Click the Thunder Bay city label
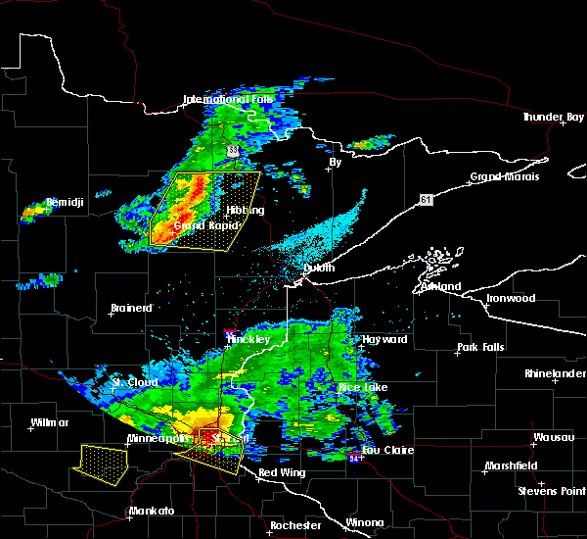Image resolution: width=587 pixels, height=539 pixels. coord(552,117)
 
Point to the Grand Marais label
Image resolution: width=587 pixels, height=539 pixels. coord(503,177)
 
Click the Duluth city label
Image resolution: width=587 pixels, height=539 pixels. coord(319,268)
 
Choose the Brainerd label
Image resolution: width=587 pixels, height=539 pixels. coord(131,308)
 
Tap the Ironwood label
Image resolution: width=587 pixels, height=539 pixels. coord(512,298)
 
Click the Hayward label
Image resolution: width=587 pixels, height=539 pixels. coord(383,339)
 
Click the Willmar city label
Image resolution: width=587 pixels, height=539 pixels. coord(50,422)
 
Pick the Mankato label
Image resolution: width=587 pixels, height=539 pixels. coord(151,511)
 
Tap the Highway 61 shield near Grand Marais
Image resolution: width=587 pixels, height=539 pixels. coord(425,200)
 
